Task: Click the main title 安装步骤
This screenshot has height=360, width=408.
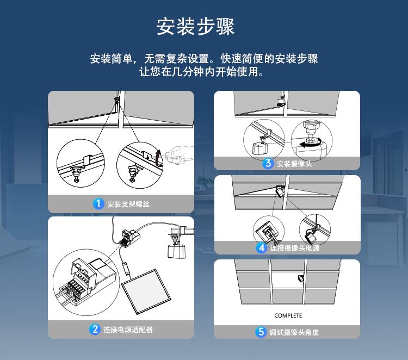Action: coord(195,27)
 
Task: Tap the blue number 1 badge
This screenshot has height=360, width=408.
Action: coord(98,204)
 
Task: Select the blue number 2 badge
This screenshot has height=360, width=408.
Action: coord(95,330)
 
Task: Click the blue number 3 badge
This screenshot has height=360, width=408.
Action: coord(268,164)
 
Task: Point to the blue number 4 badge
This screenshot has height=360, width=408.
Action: coord(262,248)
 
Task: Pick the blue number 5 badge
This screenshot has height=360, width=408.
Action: coord(261,332)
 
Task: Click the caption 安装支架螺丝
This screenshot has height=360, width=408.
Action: coord(128,204)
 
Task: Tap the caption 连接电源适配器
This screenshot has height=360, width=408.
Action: coord(128,330)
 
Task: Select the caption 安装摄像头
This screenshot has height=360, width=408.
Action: coord(294,164)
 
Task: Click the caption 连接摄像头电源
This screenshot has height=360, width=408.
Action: coord(294,248)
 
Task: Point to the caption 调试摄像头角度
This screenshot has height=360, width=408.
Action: coord(294,332)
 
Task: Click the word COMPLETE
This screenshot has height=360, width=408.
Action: coord(288,315)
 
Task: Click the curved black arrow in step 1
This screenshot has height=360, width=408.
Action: coord(158,158)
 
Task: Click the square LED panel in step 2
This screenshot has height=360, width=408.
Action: coord(146,291)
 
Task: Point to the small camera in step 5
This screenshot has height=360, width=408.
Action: coord(301,278)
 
